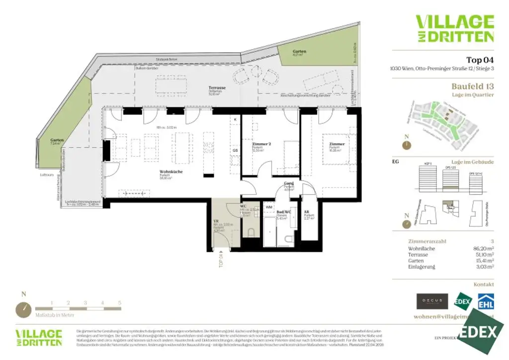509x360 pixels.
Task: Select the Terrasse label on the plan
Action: (x=217, y=88)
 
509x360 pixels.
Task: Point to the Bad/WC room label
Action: (x=283, y=212)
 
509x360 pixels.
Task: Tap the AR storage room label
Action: (x=307, y=211)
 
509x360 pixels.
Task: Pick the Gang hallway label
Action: (x=289, y=183)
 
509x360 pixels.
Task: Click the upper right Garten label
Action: (x=299, y=51)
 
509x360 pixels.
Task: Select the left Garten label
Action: (x=57, y=140)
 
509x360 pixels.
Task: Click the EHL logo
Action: (x=485, y=301)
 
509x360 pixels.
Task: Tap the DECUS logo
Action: (x=432, y=301)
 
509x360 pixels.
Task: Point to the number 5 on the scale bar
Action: (x=120, y=303)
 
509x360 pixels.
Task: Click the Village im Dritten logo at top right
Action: (x=454, y=28)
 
